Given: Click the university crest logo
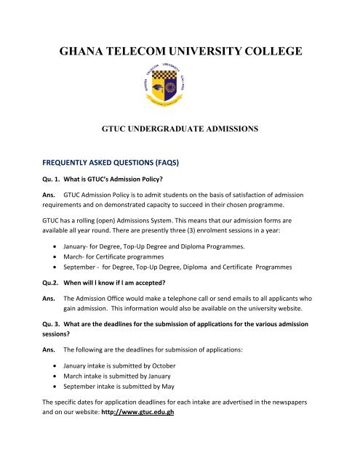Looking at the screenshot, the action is click(180, 96).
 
